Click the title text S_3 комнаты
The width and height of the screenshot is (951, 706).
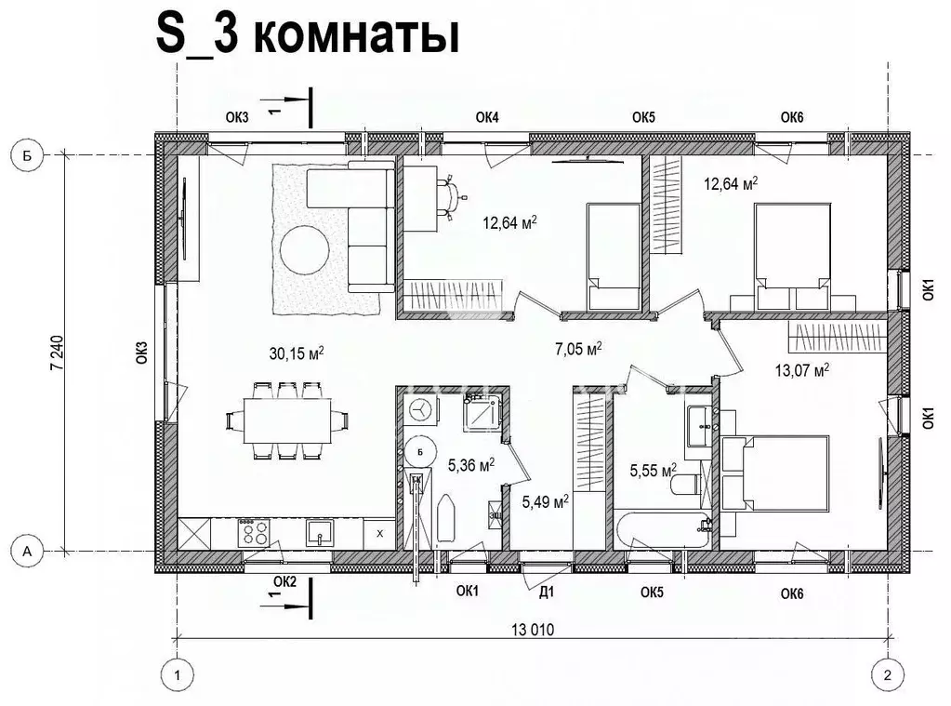click(x=308, y=36)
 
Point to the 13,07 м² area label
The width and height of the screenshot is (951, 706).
click(x=801, y=370)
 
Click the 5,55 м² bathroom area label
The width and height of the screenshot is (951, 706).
click(x=652, y=472)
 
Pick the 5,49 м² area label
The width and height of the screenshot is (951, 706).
click(x=545, y=502)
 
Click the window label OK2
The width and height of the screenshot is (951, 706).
click(x=284, y=582)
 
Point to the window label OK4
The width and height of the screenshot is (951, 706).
click(x=487, y=117)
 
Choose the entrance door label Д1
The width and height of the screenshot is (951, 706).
click(x=547, y=591)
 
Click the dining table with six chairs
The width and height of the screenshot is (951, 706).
click(x=287, y=420)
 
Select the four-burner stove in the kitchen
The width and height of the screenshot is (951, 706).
click(x=255, y=533)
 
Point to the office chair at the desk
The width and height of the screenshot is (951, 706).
click(x=451, y=196)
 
